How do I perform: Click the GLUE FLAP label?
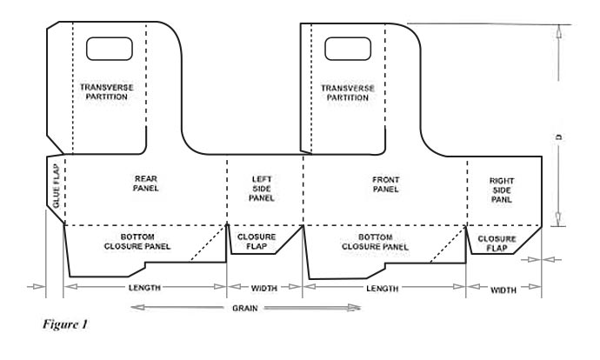57,186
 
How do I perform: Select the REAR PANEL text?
146,183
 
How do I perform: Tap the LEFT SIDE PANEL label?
262,189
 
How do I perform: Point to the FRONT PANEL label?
386,184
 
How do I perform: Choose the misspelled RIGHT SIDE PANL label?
502,190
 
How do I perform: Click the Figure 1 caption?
65,324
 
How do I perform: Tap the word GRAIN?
245,308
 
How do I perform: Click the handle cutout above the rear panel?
110,49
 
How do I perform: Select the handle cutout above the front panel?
348,49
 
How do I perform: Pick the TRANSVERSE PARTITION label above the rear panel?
107,92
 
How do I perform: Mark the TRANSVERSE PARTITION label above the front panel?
348,93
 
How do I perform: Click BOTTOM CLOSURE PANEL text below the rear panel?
137,242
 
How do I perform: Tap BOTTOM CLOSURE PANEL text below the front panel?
375,242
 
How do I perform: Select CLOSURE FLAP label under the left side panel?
257,242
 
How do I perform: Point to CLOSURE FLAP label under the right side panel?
497,243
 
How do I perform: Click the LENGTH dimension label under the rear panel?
144,288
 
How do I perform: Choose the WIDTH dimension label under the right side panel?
503,290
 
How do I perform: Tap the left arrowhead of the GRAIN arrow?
137,307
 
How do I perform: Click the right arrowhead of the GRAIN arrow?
354,308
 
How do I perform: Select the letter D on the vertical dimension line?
559,137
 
